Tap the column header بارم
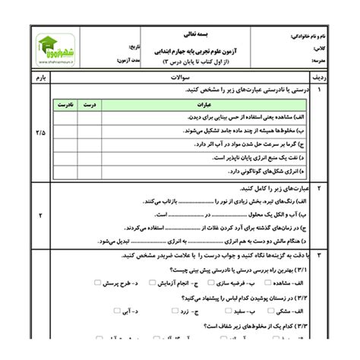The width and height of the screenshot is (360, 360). [39, 77]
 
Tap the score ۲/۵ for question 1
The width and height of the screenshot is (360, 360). [39, 133]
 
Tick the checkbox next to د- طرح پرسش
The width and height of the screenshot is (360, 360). [96, 283]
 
